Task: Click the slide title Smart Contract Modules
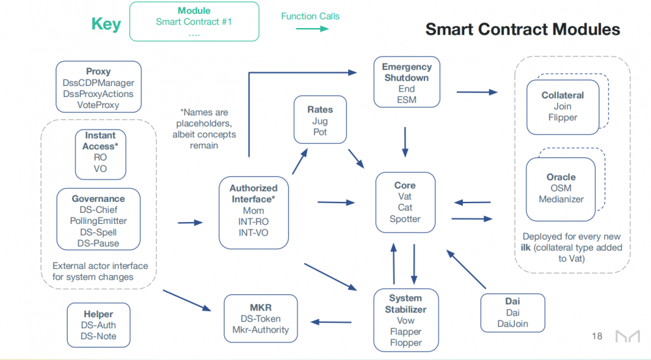pos(522,29)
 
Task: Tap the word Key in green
pos(105,25)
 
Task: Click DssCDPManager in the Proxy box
pos(98,83)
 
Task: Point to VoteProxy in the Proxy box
pos(98,105)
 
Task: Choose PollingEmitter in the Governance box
pos(98,221)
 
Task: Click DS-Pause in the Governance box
pos(98,243)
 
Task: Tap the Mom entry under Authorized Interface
pos(253,210)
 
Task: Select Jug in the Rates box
pos(320,121)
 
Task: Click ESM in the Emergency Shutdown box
pos(406,100)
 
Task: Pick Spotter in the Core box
pos(405,219)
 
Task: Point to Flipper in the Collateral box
pos(562,118)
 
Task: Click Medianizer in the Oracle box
pos(561,199)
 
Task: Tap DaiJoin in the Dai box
pos(512,324)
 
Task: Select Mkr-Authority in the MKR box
pos(260,329)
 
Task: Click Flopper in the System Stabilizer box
pos(406,342)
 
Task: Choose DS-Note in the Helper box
pos(98,336)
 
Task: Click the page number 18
pos(597,337)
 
